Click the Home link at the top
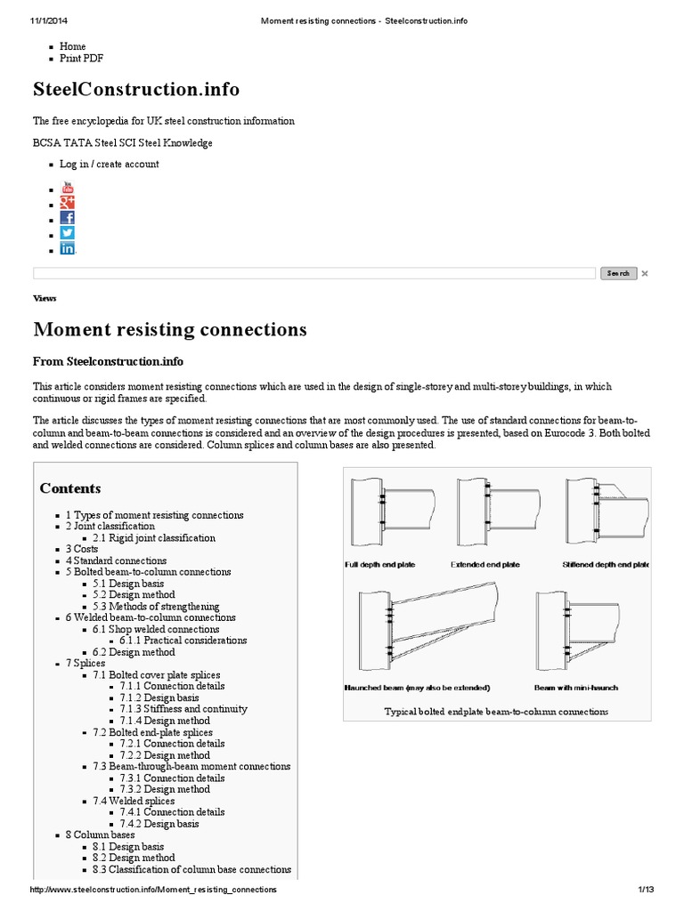[72, 46]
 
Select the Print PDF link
[82, 59]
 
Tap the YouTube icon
[68, 188]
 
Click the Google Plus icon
[68, 203]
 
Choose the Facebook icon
[68, 218]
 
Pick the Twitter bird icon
[68, 233]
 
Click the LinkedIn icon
[68, 248]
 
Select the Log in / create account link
[109, 164]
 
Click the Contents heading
[70, 488]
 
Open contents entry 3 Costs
[82, 549]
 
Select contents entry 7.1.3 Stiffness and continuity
[183, 709]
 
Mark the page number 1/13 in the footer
[646, 890]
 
